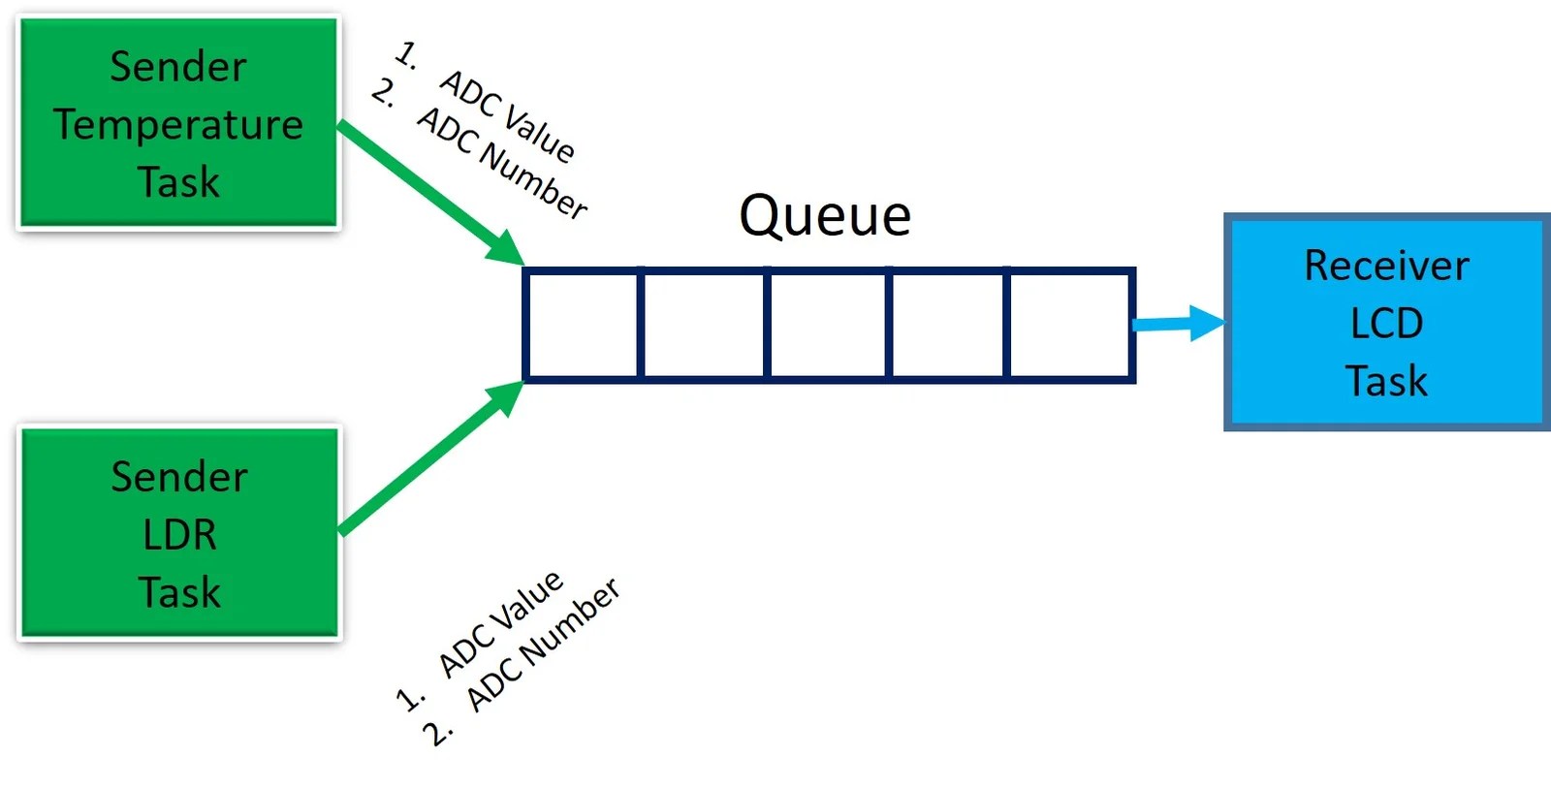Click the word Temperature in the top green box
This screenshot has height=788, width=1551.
point(178,125)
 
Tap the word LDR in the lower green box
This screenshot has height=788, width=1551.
point(179,535)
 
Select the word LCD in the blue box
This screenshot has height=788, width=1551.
point(1386,324)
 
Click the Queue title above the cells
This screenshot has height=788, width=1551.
point(825,215)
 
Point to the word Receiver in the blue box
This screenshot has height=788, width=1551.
point(1386,267)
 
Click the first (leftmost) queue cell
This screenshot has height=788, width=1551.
point(583,325)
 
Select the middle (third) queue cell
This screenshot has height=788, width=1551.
point(827,325)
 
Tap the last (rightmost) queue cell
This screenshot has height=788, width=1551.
point(1070,325)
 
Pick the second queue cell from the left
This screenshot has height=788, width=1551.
point(704,325)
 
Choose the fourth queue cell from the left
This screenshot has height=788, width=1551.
point(948,325)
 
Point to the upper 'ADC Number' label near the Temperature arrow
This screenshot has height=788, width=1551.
point(502,163)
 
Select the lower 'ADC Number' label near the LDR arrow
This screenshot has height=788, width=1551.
point(543,646)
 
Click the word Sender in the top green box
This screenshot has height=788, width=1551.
point(178,67)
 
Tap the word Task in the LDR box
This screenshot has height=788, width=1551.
point(179,592)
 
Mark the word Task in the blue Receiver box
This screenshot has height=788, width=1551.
point(1386,381)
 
